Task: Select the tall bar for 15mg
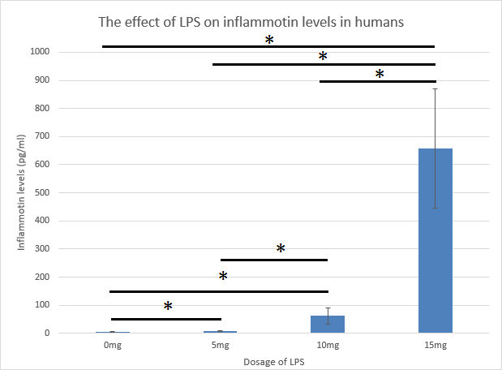(435, 243)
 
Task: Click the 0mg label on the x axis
(112, 345)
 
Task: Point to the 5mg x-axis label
(220, 345)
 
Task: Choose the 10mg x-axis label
(328, 345)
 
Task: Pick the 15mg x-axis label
(435, 345)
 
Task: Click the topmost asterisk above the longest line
(268, 40)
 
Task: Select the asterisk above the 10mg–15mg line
(379, 75)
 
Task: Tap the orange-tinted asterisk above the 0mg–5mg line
(168, 307)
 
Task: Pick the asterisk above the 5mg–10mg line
(281, 249)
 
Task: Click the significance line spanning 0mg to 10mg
(219, 290)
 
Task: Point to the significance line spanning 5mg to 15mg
(324, 64)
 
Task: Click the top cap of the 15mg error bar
(435, 88)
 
